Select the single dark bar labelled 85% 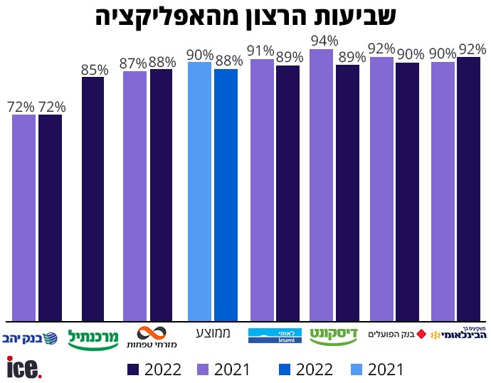[93, 199]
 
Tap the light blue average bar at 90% [200, 191]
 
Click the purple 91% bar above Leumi [262, 190]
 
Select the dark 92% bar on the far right [469, 189]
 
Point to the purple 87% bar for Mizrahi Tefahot [134, 196]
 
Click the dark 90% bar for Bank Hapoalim [408, 191]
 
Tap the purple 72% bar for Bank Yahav [23, 217]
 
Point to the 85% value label [95, 70]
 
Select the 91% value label [261, 51]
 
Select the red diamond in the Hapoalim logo [421, 333]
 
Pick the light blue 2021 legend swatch [352, 369]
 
